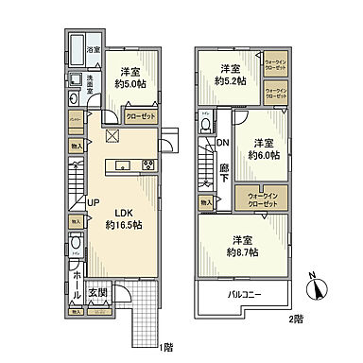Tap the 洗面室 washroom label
click(x=83, y=82)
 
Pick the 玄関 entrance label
click(x=97, y=293)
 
